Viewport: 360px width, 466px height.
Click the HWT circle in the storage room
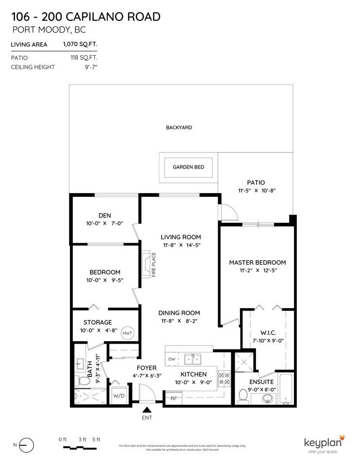(x=127, y=333)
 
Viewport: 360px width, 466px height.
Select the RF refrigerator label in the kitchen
(x=172, y=398)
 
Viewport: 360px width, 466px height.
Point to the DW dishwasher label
(x=171, y=359)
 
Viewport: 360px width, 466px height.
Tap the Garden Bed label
(x=189, y=167)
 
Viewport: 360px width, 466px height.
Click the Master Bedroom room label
(x=257, y=263)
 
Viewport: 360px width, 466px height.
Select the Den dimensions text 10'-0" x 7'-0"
(x=105, y=224)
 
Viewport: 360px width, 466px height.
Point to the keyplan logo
(x=324, y=443)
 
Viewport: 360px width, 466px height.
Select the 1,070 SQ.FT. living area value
(x=80, y=44)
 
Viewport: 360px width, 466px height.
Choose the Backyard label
(x=179, y=128)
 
